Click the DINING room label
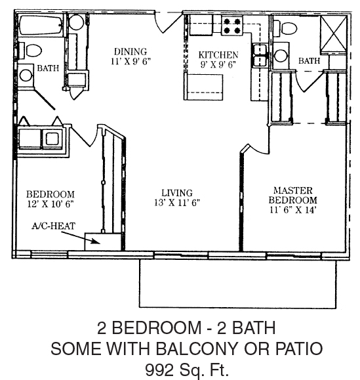130,52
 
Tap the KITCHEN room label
218,55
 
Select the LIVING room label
177,193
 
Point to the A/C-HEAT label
54,226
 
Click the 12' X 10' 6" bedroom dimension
50,204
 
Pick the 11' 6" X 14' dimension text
292,210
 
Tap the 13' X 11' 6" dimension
177,203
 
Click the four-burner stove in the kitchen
232,26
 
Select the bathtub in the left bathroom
41,26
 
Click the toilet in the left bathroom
31,51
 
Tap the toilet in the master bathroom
286,28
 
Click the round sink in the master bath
281,56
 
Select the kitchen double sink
260,56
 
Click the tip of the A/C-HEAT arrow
100,243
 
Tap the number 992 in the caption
159,369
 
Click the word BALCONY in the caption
196,348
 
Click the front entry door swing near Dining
167,22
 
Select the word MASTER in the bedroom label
292,190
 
